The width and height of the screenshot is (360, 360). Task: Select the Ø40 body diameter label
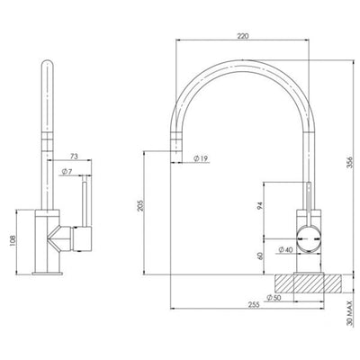point(289,249)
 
